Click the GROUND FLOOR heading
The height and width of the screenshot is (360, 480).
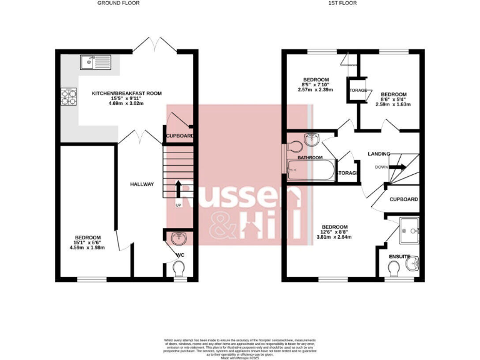point(118,3)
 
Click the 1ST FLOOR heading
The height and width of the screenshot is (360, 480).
point(342,3)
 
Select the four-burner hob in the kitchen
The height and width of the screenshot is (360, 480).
point(68,97)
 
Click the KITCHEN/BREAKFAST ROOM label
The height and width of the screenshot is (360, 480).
point(127,93)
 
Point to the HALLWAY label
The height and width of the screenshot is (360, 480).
point(141,184)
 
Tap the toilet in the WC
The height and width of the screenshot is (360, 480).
point(179,269)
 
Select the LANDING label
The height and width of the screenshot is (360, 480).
point(379,153)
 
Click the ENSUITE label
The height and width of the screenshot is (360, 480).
point(399,256)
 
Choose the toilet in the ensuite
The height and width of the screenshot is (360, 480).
point(394,268)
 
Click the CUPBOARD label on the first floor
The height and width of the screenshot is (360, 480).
point(402,200)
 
